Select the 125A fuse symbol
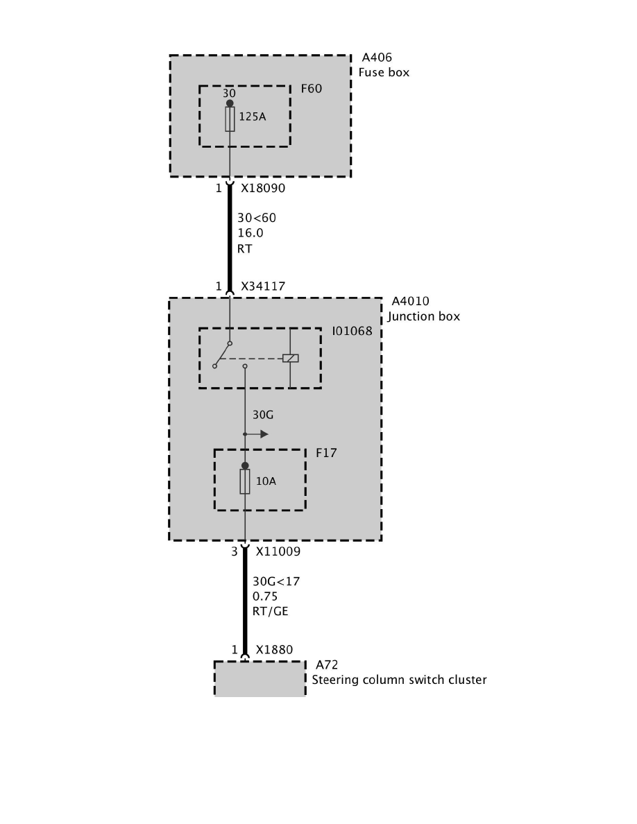pyautogui.click(x=230, y=119)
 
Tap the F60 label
pyautogui.click(x=311, y=89)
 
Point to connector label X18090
pyautogui.click(x=263, y=188)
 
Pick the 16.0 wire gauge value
pyautogui.click(x=250, y=233)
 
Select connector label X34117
pyautogui.click(x=263, y=286)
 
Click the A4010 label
pyautogui.click(x=410, y=301)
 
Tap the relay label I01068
pyautogui.click(x=352, y=331)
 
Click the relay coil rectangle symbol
pyautogui.click(x=290, y=359)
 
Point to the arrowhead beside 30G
pyautogui.click(x=264, y=434)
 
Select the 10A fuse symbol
pyautogui.click(x=245, y=481)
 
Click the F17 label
pyautogui.click(x=325, y=453)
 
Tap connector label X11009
pyautogui.click(x=278, y=552)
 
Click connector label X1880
pyautogui.click(x=274, y=650)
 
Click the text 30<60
pyautogui.click(x=257, y=218)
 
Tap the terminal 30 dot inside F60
pyautogui.click(x=230, y=103)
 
